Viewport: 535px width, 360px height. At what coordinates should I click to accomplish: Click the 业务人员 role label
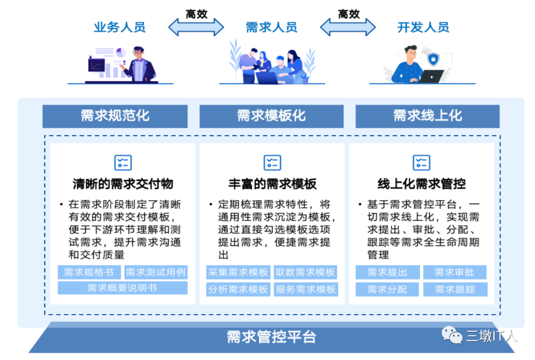pyautogui.click(x=120, y=27)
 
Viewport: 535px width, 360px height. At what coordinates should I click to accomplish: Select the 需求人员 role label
pyautogui.click(x=271, y=27)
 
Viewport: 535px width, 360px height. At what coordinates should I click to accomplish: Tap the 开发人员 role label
pyautogui.click(x=423, y=27)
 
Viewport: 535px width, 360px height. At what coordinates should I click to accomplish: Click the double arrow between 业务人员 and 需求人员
pyautogui.click(x=196, y=27)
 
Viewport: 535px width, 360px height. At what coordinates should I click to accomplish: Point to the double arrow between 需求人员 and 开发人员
pyautogui.click(x=348, y=27)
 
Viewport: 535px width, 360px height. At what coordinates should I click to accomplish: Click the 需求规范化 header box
pyautogui.click(x=115, y=116)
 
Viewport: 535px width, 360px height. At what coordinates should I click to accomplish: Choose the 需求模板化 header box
pyautogui.click(x=271, y=116)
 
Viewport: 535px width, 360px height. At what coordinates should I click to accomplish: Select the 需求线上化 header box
pyautogui.click(x=428, y=116)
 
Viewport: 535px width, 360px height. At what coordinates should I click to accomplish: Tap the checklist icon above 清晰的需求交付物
pyautogui.click(x=123, y=162)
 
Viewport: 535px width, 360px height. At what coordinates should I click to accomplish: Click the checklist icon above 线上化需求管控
pyautogui.click(x=422, y=162)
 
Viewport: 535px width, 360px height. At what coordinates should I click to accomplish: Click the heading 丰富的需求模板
pyautogui.click(x=272, y=184)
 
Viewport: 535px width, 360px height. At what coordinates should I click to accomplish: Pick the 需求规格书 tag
pyautogui.click(x=89, y=272)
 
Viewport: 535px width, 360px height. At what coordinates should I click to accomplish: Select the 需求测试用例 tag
pyautogui.click(x=156, y=272)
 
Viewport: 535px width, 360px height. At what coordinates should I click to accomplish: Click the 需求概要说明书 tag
pyautogui.click(x=122, y=288)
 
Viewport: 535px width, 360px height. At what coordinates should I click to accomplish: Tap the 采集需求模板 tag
pyautogui.click(x=238, y=272)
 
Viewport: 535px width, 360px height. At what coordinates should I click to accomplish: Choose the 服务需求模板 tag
pyautogui.click(x=306, y=289)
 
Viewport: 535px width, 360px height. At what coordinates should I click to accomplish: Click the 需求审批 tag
pyautogui.click(x=454, y=272)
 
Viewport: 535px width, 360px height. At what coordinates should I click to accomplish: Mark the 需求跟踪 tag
pyautogui.click(x=454, y=289)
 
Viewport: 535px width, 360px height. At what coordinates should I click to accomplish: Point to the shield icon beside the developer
pyautogui.click(x=433, y=59)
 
